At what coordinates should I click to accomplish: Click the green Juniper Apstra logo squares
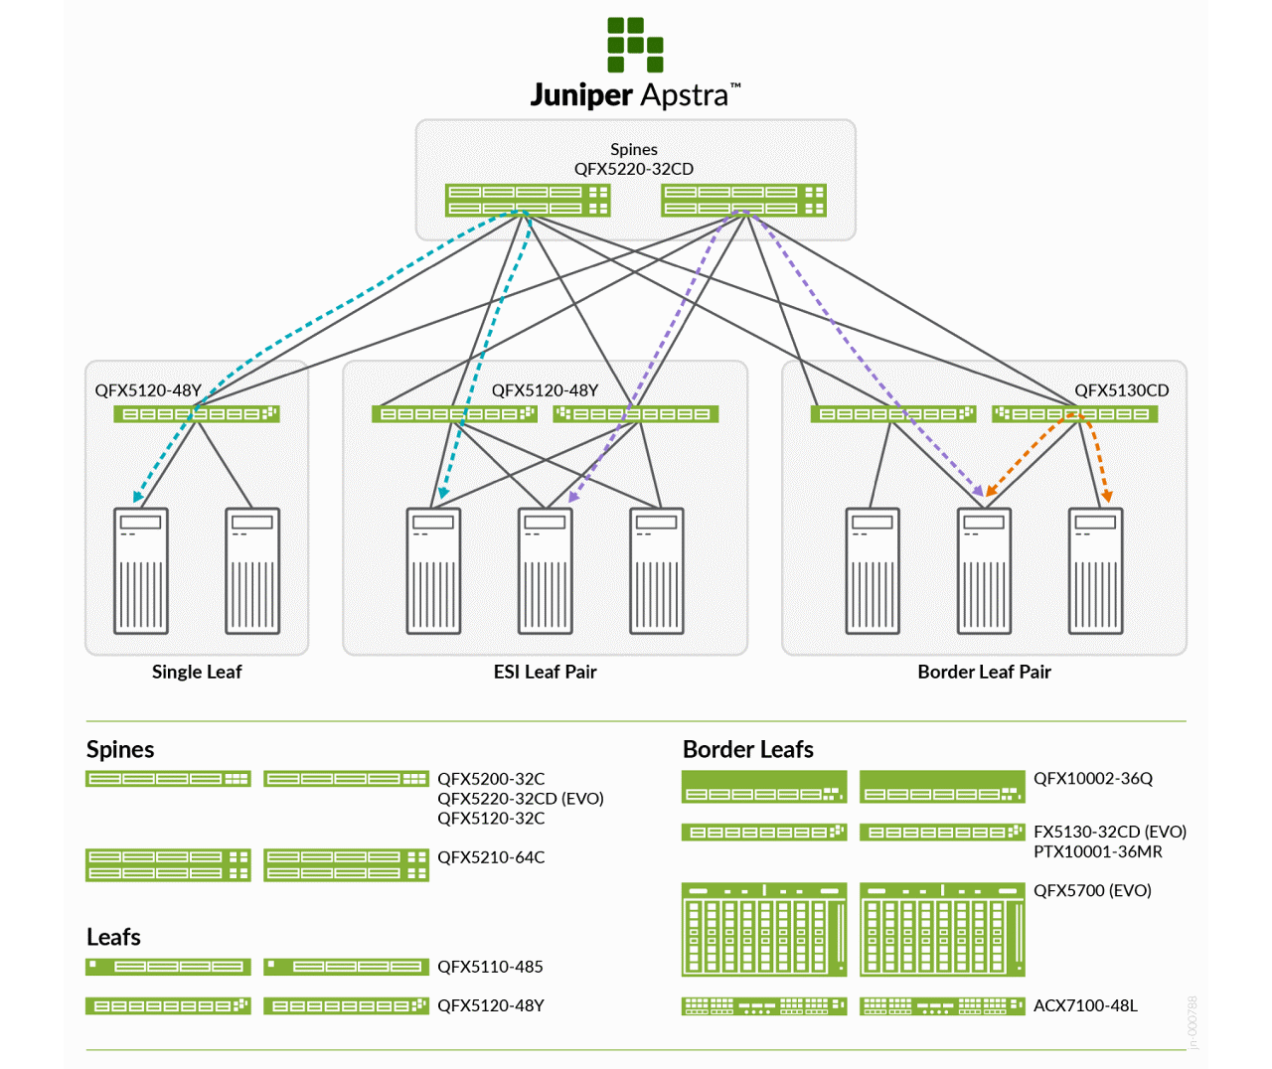tap(635, 45)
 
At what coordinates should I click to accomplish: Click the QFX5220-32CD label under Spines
tap(633, 169)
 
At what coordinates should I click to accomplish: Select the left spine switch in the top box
tap(527, 200)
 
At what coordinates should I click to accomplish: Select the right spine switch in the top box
tap(743, 200)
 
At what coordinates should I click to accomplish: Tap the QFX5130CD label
tap(1121, 390)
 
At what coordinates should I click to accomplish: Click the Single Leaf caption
tap(197, 672)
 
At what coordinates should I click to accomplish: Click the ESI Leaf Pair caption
tap(545, 672)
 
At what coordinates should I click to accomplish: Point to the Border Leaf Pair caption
tap(984, 672)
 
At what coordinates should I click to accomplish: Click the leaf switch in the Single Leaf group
tap(196, 414)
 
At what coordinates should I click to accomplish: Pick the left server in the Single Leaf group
tap(141, 570)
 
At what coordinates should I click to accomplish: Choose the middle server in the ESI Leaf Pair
tap(545, 570)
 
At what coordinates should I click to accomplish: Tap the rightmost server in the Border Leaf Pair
tap(1095, 570)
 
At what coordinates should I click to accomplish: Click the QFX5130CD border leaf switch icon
tap(1074, 414)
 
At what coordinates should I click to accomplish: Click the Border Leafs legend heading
tap(747, 749)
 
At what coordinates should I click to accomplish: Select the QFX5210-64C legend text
tap(491, 857)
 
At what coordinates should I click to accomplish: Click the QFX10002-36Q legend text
tap(1093, 779)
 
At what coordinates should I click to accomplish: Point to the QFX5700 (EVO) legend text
tap(1092, 890)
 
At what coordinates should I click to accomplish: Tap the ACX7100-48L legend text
tap(1085, 1005)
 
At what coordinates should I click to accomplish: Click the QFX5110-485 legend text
tap(490, 967)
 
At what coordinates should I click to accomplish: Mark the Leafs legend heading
tap(113, 937)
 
